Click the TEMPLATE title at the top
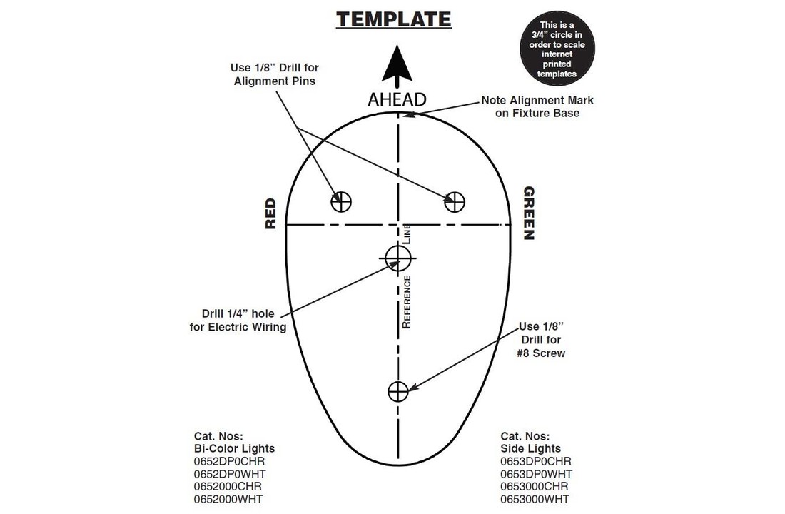point(393,19)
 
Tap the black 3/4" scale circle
point(557,49)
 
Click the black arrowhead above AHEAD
point(397,63)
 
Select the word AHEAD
point(397,100)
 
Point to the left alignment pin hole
point(341,202)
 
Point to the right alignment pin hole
point(455,202)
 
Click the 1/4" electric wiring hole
point(398,258)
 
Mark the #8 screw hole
point(398,391)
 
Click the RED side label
point(270,214)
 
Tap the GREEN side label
point(529,213)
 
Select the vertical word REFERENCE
point(407,302)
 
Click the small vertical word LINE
point(407,234)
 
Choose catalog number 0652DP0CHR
point(229,461)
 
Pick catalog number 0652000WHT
point(228,499)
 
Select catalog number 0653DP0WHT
point(536,474)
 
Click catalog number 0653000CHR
point(535,486)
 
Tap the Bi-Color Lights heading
point(234,448)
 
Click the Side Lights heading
point(531,448)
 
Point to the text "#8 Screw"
point(541,353)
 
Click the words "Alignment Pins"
point(274,81)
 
